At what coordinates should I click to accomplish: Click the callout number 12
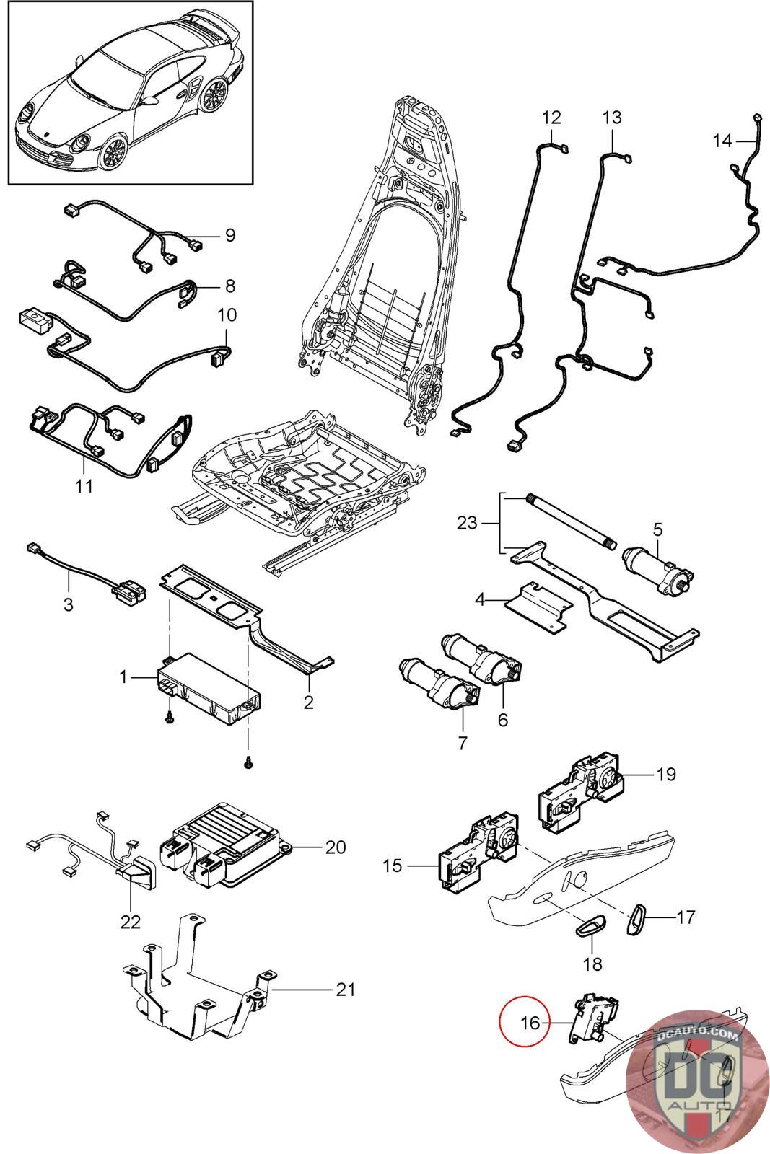coord(551,117)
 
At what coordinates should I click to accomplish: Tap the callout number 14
coord(722,141)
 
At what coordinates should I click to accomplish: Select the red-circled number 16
coord(530,1023)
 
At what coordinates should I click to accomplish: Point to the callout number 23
coord(468,522)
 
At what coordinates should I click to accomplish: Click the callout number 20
coord(335,847)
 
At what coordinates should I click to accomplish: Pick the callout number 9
coord(229,235)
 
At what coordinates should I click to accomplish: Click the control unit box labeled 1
coord(209,690)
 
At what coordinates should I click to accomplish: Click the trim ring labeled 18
coord(590,929)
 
